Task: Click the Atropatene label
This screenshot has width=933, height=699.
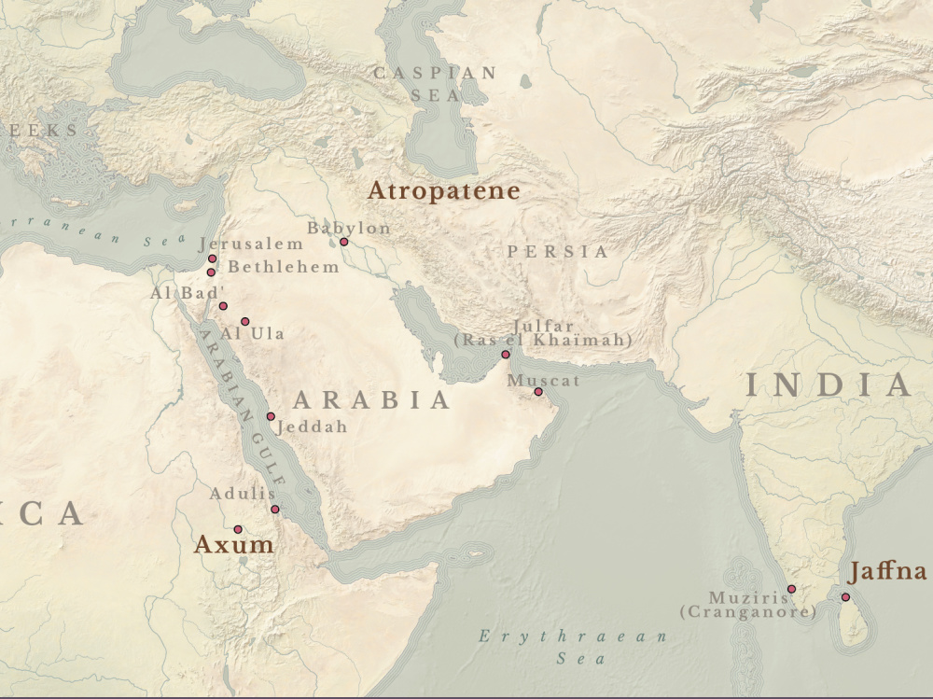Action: click(443, 191)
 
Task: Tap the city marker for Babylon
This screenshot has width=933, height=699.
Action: click(343, 242)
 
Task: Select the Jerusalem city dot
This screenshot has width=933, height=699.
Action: click(213, 259)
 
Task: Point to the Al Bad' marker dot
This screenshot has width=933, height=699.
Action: click(223, 306)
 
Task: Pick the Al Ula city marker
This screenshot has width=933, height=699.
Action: click(245, 321)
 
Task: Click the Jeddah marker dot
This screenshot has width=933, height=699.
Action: click(271, 416)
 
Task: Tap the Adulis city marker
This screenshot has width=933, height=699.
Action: click(274, 509)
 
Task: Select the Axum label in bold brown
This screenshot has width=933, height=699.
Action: click(233, 545)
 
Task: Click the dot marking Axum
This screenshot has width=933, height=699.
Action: click(238, 529)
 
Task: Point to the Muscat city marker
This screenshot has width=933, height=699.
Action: click(537, 392)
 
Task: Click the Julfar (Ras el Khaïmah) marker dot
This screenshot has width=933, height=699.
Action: click(506, 355)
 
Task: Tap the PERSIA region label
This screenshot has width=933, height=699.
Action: click(557, 252)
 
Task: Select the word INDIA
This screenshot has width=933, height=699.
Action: click(828, 385)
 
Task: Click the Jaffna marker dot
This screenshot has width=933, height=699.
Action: click(845, 597)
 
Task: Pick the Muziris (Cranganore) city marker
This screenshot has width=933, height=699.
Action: click(791, 589)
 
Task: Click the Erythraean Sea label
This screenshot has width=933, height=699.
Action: click(574, 647)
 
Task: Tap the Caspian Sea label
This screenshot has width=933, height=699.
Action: click(435, 84)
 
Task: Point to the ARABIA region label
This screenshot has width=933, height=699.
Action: click(372, 401)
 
